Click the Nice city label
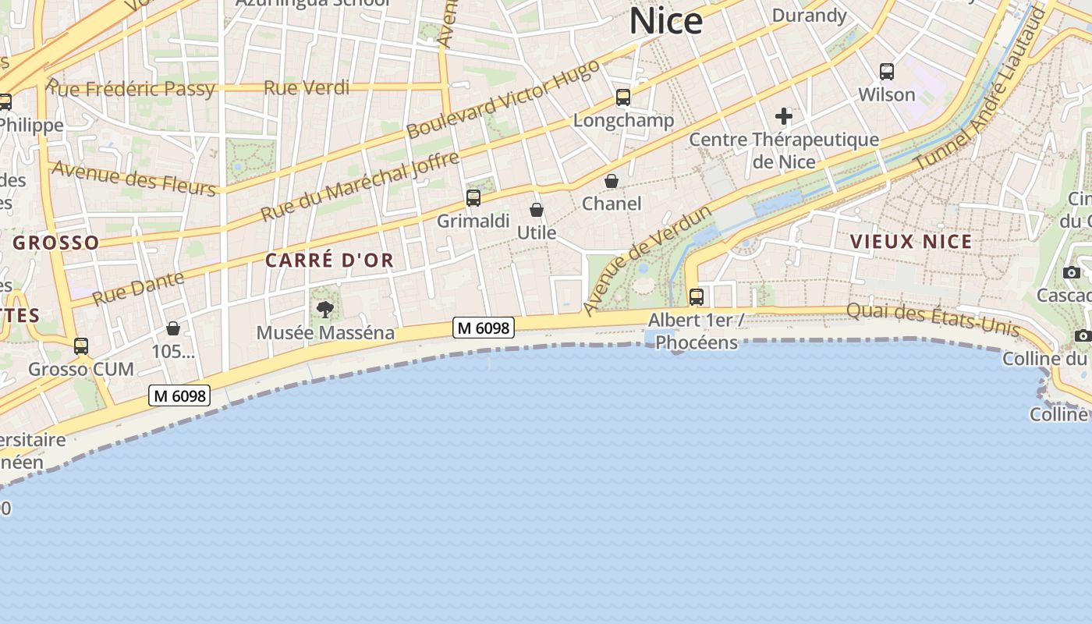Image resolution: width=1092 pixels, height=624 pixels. click(666, 21)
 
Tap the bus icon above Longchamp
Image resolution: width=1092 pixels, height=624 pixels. click(622, 97)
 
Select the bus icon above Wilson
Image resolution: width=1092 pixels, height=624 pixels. click(886, 72)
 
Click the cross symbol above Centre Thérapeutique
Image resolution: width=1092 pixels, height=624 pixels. click(784, 117)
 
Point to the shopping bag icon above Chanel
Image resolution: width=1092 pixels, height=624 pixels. click(612, 181)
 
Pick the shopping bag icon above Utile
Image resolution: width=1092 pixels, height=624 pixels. click(537, 210)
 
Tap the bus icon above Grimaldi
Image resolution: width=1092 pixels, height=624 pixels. click(473, 198)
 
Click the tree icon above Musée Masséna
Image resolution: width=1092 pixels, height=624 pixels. click(325, 310)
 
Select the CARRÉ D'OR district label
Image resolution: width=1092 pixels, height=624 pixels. click(329, 261)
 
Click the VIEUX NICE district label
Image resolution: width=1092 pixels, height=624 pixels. click(911, 242)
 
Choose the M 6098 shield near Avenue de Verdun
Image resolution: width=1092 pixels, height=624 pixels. click(484, 328)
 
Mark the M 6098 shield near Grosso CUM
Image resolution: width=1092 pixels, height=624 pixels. click(180, 396)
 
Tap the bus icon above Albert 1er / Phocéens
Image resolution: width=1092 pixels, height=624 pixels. click(696, 297)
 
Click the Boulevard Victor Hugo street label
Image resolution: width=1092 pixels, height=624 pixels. click(503, 99)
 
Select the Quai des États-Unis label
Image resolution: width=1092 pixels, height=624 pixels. click(932, 319)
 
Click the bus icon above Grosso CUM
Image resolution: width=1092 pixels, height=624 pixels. click(81, 346)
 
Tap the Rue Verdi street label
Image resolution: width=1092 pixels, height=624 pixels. click(307, 87)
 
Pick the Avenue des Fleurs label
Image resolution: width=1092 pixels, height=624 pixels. click(133, 179)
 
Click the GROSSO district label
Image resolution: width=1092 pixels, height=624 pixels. click(56, 243)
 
